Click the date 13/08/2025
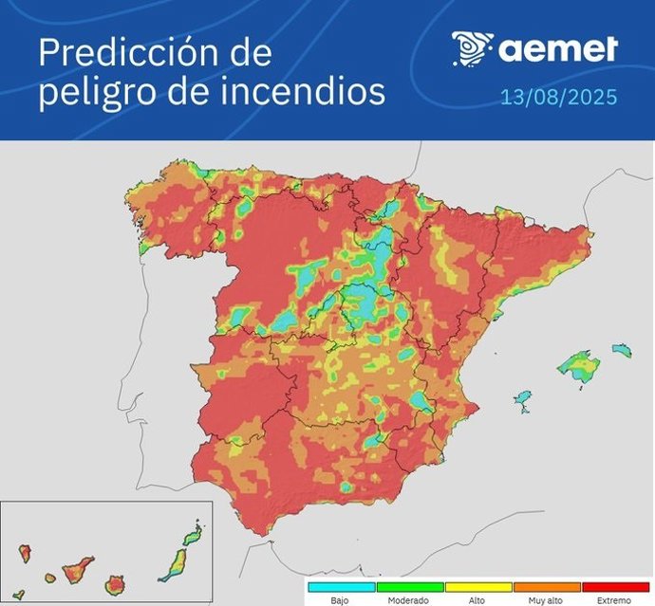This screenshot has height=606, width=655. (558, 97)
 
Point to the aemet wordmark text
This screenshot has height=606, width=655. (558, 48)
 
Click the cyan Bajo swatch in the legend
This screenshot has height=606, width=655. (339, 587)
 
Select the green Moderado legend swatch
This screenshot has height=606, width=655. (407, 587)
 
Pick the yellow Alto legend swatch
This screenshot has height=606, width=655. (477, 587)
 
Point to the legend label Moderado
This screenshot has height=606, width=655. (407, 600)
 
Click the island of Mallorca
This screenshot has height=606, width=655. (575, 365)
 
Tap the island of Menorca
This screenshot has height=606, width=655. (621, 350)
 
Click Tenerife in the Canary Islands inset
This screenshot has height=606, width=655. (77, 571)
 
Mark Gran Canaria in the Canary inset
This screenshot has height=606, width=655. (116, 579)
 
